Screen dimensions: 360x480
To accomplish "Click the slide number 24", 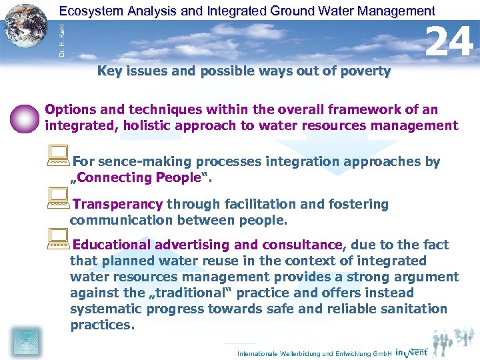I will [x=449, y=42].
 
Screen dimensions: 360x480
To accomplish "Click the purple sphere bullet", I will [x=25, y=119].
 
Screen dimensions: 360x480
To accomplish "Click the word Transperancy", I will [x=117, y=205].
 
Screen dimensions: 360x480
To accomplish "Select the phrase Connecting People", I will [x=138, y=177].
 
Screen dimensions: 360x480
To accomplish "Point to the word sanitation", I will [x=413, y=309].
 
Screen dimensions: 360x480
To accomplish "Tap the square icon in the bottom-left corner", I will [x=26, y=341].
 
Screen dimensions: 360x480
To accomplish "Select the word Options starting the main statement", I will [x=70, y=109].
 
